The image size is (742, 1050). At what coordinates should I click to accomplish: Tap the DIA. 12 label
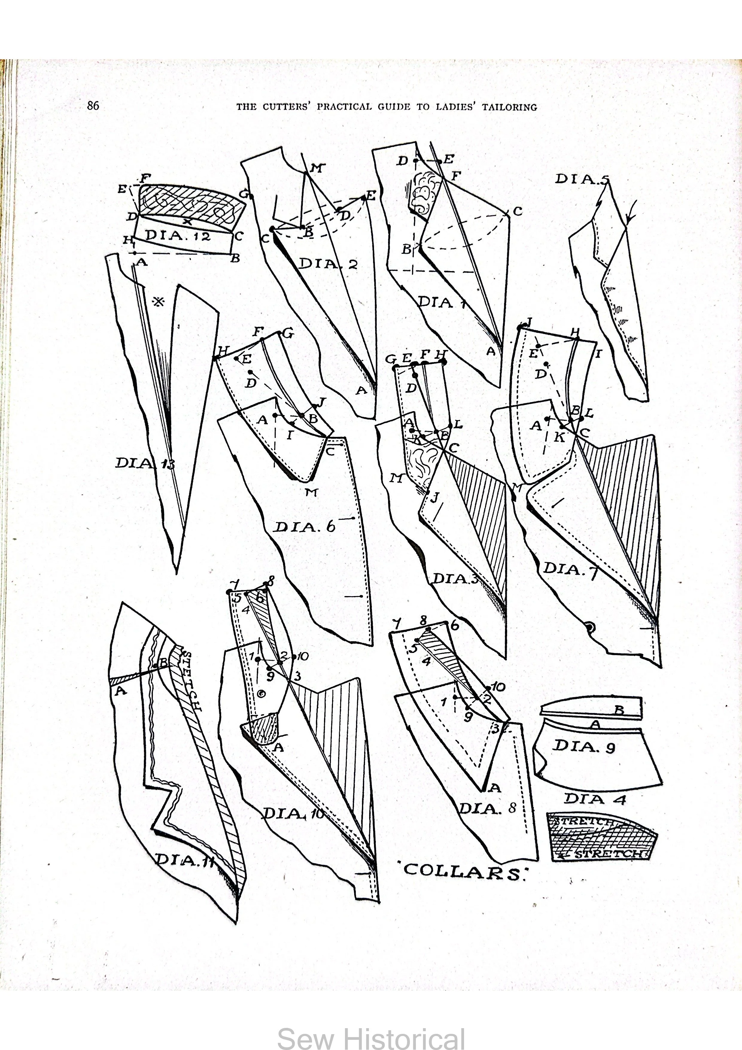pyautogui.click(x=178, y=236)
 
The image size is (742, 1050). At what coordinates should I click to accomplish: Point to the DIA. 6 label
pyautogui.click(x=305, y=527)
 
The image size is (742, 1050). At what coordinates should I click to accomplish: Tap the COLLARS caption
pyautogui.click(x=463, y=870)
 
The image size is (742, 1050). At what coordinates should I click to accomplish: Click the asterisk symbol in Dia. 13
pyautogui.click(x=159, y=301)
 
